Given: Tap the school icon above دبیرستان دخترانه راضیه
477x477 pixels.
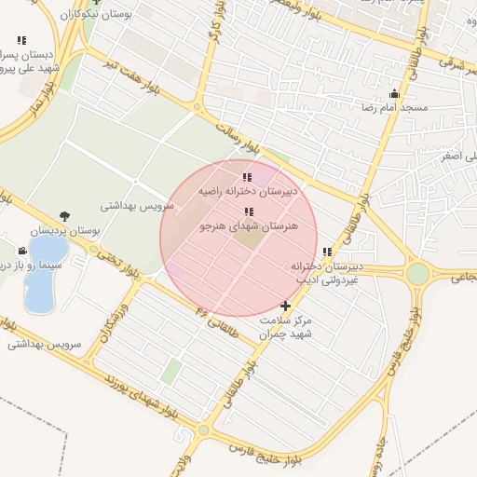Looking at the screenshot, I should (247, 177).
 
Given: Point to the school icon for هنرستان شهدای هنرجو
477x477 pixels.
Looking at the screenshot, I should (248, 212).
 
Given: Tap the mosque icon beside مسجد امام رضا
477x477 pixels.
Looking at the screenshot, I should (395, 93).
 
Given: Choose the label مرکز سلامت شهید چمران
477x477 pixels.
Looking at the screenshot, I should (285, 326).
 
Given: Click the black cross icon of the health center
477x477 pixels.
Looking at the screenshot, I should (285, 306).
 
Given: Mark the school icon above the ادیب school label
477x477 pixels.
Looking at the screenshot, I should (327, 252).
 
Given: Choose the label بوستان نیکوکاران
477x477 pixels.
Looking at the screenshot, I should (99, 15).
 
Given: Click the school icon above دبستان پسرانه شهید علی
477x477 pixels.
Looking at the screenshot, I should (21, 40).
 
